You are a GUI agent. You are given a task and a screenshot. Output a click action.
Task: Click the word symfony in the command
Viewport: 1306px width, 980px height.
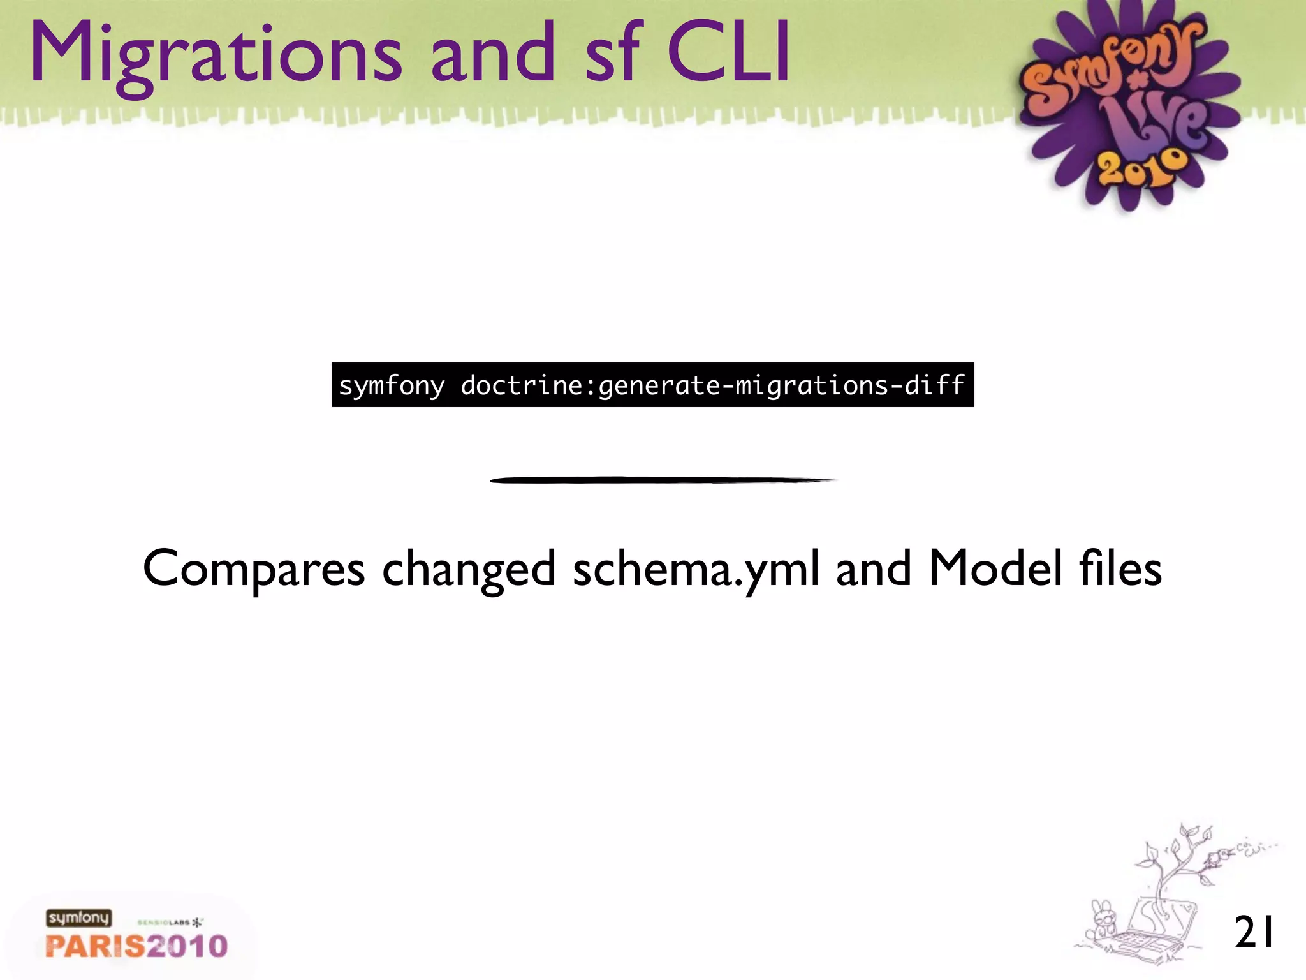tap(392, 386)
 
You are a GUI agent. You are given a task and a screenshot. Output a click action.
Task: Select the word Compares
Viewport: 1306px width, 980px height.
tap(254, 568)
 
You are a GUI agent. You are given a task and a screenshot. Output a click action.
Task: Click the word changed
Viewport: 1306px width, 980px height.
tap(469, 570)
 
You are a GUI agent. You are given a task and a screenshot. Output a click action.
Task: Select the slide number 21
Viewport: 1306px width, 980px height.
tap(1254, 932)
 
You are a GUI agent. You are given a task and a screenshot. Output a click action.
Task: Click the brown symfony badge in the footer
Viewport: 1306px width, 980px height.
tap(78, 918)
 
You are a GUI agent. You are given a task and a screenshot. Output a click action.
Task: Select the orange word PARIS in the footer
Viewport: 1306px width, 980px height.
tap(93, 946)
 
